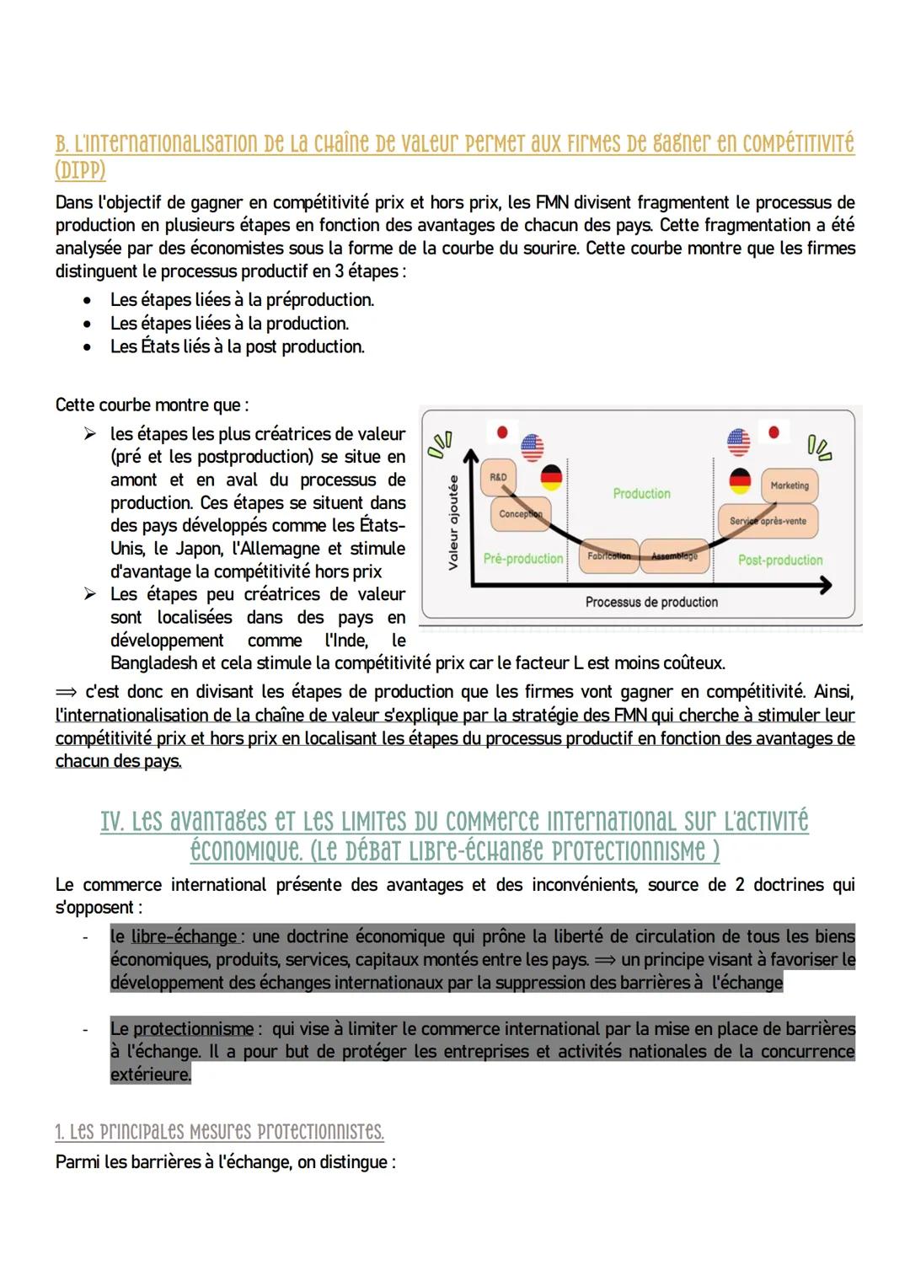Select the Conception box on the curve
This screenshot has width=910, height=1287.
pos(519,514)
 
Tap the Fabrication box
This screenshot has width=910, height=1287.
pos(608,556)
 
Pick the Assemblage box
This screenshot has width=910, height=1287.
pos(674,556)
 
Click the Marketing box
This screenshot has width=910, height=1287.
pos(790,486)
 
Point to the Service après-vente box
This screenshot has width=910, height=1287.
pos(768,521)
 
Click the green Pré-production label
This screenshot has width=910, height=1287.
pos(523,559)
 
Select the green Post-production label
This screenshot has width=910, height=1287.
pos(780,560)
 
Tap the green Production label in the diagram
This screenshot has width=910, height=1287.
pos(642,494)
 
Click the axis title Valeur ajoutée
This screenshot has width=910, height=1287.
pos(453,523)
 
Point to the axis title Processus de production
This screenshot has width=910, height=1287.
pos(651,602)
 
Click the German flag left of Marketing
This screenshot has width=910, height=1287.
pos(740,480)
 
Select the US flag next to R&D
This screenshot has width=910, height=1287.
pos(533,448)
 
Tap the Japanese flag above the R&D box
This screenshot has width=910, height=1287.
pos(502,432)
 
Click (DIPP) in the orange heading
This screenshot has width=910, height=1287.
pos(81,171)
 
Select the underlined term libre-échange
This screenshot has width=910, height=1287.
pos(185,936)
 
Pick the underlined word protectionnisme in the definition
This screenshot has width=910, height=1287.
pos(193,1029)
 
